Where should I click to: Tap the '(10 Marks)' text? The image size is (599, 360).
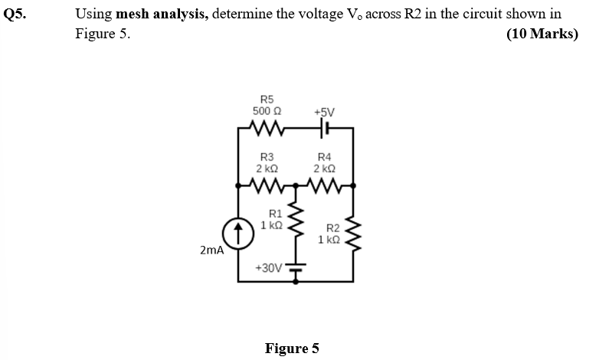click(x=542, y=34)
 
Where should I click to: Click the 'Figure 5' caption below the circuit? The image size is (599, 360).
click(x=291, y=349)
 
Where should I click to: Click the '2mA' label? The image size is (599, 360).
click(x=211, y=250)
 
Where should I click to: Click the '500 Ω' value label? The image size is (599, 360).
click(x=267, y=111)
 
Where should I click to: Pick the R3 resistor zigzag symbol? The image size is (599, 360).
click(x=267, y=184)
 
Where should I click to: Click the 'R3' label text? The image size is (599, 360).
click(x=267, y=156)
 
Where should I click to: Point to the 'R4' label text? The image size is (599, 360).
click(x=323, y=156)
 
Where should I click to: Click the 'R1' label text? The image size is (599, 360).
click(x=276, y=214)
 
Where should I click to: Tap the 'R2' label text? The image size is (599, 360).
click(x=332, y=227)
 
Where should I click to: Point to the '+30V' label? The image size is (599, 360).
click(x=268, y=268)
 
